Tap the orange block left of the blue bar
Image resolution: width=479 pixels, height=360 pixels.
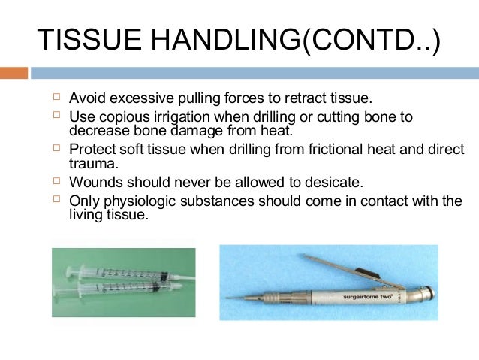14,73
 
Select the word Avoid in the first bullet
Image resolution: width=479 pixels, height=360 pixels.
85,99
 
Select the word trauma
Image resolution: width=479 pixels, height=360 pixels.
88,162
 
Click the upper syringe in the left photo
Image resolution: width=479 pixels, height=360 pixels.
120,271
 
